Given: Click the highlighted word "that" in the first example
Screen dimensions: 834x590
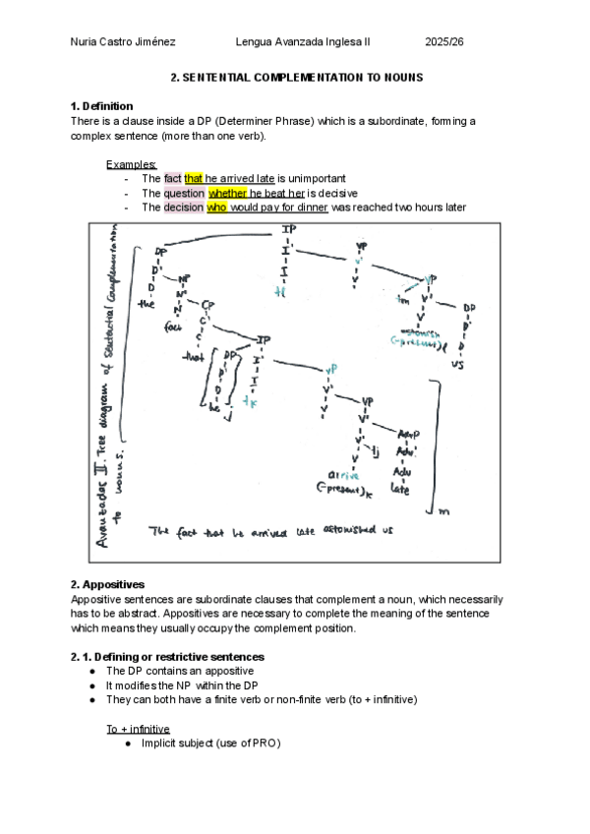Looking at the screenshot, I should (194, 178).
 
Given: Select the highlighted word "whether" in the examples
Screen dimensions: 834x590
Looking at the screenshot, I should (228, 193).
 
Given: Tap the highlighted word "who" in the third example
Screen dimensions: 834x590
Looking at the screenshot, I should (216, 208).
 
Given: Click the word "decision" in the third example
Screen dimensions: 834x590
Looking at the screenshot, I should (183, 208).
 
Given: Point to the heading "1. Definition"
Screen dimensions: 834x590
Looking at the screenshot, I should (102, 106).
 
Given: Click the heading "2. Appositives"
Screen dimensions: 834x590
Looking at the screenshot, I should (108, 584).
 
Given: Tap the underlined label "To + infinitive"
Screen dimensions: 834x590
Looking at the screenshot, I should (140, 729).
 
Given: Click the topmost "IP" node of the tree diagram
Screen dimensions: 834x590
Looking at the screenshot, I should (288, 230).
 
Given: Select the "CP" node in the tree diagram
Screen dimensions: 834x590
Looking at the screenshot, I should (207, 305).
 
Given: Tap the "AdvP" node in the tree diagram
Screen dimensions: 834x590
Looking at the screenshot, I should (409, 434).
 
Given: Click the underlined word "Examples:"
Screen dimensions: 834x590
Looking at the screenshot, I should (131, 164).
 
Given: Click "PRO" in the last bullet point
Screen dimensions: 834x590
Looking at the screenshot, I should (264, 744).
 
